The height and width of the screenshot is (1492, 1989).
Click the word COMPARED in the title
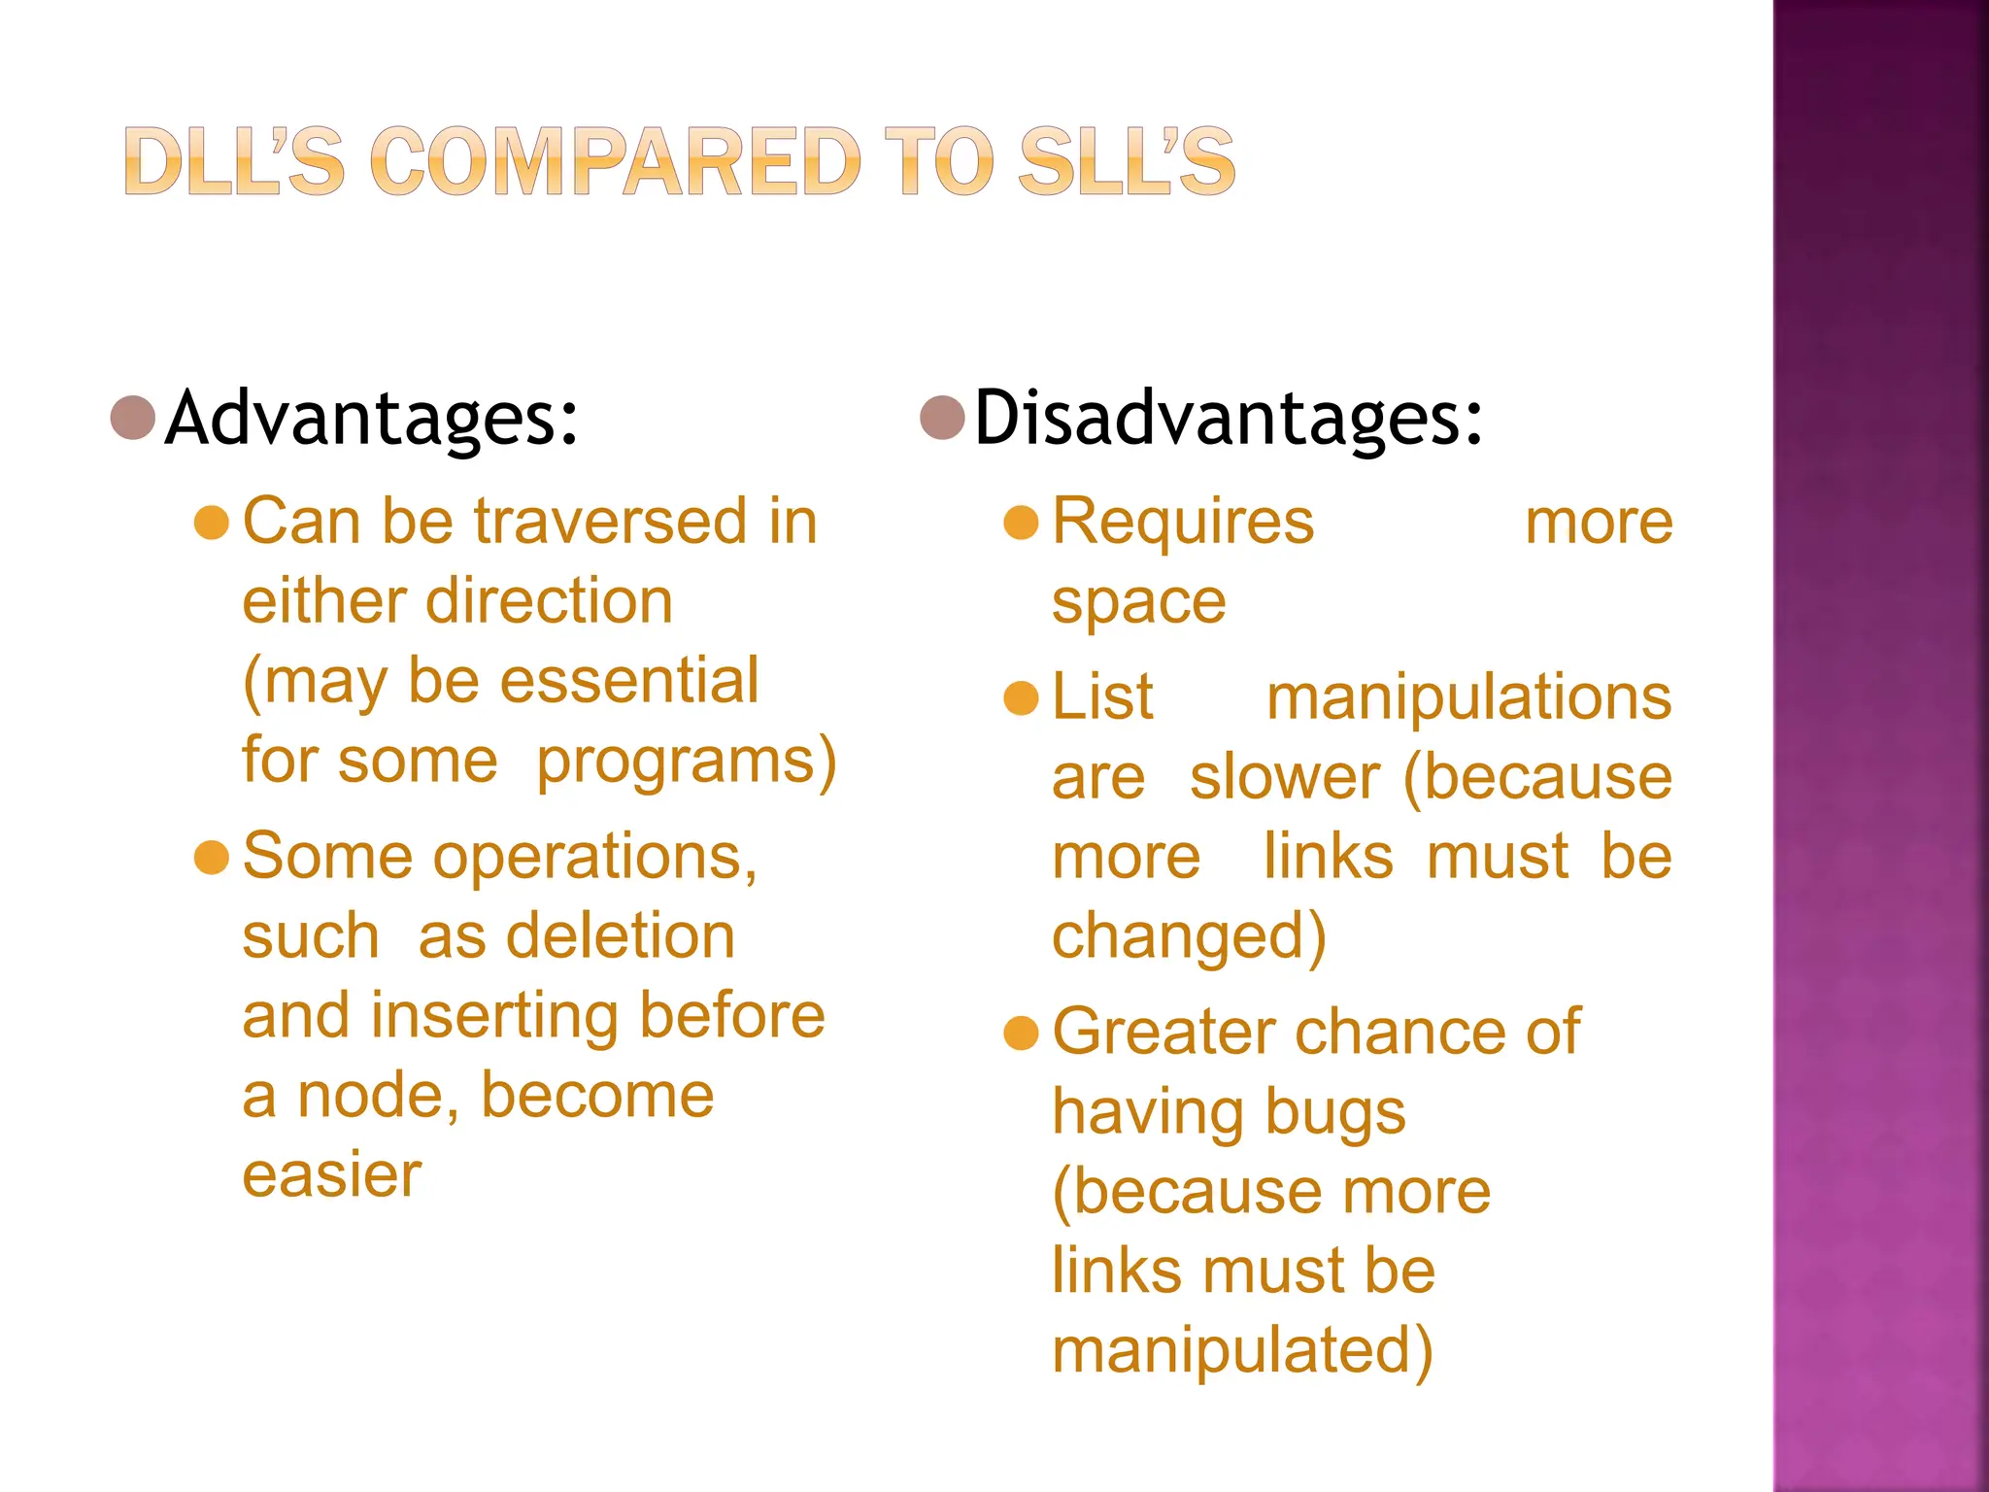pyautogui.click(x=615, y=161)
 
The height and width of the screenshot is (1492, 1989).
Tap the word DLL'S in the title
pyautogui.click(x=234, y=161)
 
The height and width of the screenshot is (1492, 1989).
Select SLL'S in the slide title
pyautogui.click(x=1126, y=161)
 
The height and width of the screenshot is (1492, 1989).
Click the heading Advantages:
pyautogui.click(x=372, y=418)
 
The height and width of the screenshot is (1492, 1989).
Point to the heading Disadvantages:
pyautogui.click(x=1229, y=418)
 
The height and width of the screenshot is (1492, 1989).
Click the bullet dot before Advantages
pyautogui.click(x=134, y=418)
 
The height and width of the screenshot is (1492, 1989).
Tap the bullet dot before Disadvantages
pyautogui.click(x=942, y=418)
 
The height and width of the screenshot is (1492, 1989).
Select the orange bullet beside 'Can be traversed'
pyautogui.click(x=212, y=523)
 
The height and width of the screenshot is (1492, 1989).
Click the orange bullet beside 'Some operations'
pyautogui.click(x=212, y=858)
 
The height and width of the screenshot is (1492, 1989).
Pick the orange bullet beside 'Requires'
pyautogui.click(x=1022, y=523)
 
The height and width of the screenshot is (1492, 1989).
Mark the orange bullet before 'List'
pyautogui.click(x=1022, y=697)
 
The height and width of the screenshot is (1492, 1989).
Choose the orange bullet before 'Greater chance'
pyautogui.click(x=1022, y=1033)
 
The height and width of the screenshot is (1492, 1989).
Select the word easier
pyautogui.click(x=332, y=1175)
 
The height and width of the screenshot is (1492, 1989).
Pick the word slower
pyautogui.click(x=1284, y=778)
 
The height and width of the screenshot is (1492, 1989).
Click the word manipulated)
pyautogui.click(x=1242, y=1351)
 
